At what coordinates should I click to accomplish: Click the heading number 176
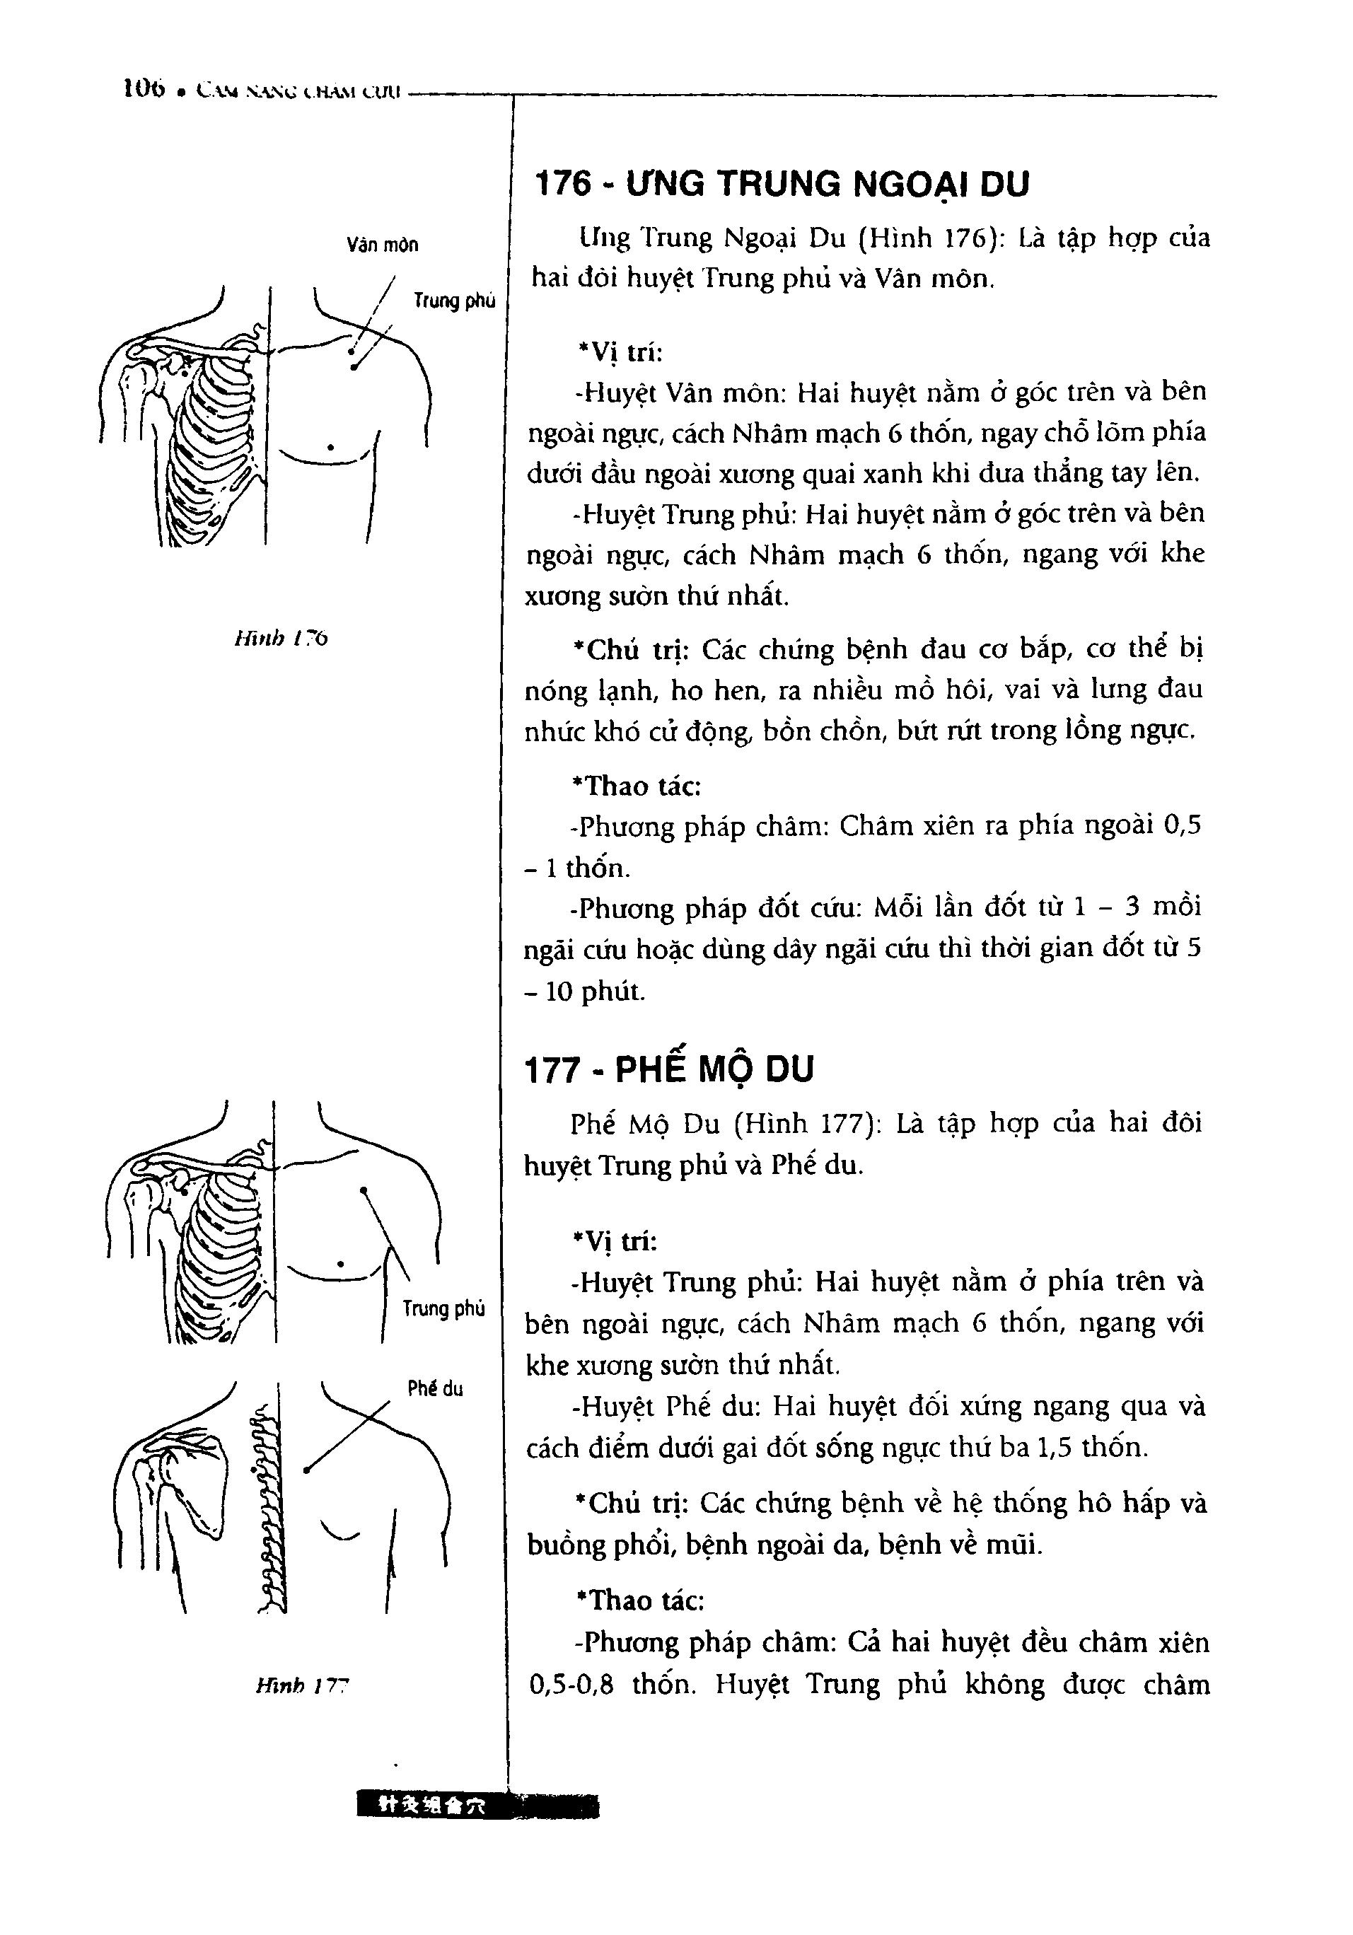pyautogui.click(x=564, y=184)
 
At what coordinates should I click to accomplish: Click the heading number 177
pyautogui.click(x=553, y=1071)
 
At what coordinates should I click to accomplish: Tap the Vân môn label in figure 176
pyautogui.click(x=382, y=245)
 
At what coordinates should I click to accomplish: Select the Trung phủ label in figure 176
pyautogui.click(x=454, y=301)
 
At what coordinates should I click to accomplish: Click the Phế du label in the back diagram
pyautogui.click(x=435, y=1389)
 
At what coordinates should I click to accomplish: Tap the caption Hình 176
pyautogui.click(x=281, y=638)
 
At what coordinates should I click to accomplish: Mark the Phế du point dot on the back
pyautogui.click(x=307, y=1470)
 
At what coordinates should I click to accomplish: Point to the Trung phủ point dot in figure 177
pyautogui.click(x=364, y=1191)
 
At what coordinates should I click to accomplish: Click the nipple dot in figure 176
pyautogui.click(x=330, y=448)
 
